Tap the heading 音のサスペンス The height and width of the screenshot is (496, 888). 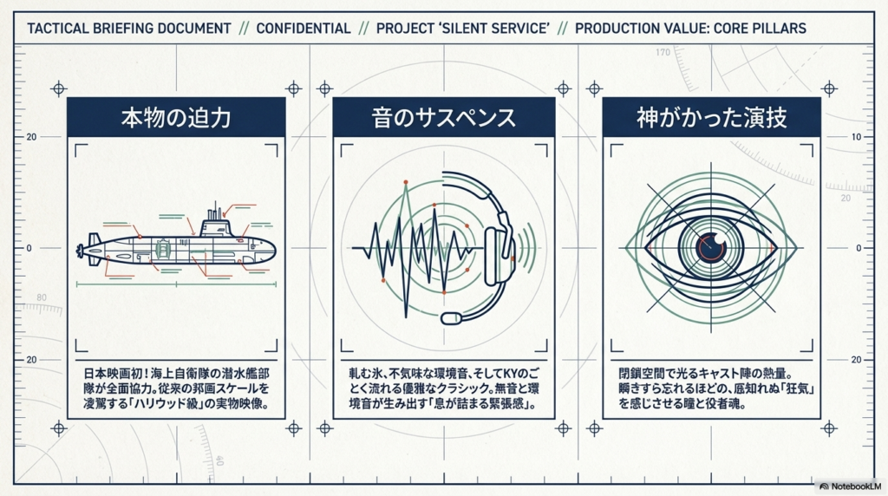(x=444, y=117)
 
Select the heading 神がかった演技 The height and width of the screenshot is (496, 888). (x=712, y=117)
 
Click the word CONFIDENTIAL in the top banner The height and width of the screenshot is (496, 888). (x=304, y=28)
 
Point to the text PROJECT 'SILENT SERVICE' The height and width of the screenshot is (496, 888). (x=462, y=28)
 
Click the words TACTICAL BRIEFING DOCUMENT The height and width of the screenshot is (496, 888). (x=129, y=28)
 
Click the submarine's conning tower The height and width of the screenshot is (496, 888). (x=215, y=227)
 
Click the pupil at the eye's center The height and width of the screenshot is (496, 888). (x=712, y=248)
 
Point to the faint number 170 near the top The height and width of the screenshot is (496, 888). (x=663, y=53)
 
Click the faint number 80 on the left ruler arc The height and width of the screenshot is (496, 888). (x=41, y=297)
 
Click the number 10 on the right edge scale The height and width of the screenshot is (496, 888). (x=856, y=137)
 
